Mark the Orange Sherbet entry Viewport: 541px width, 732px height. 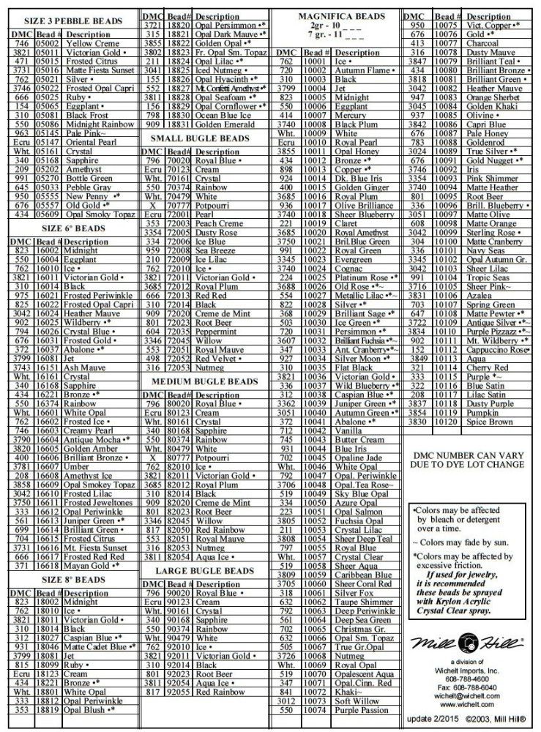[492, 97]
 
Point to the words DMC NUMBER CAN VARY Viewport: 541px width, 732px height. [470, 454]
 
